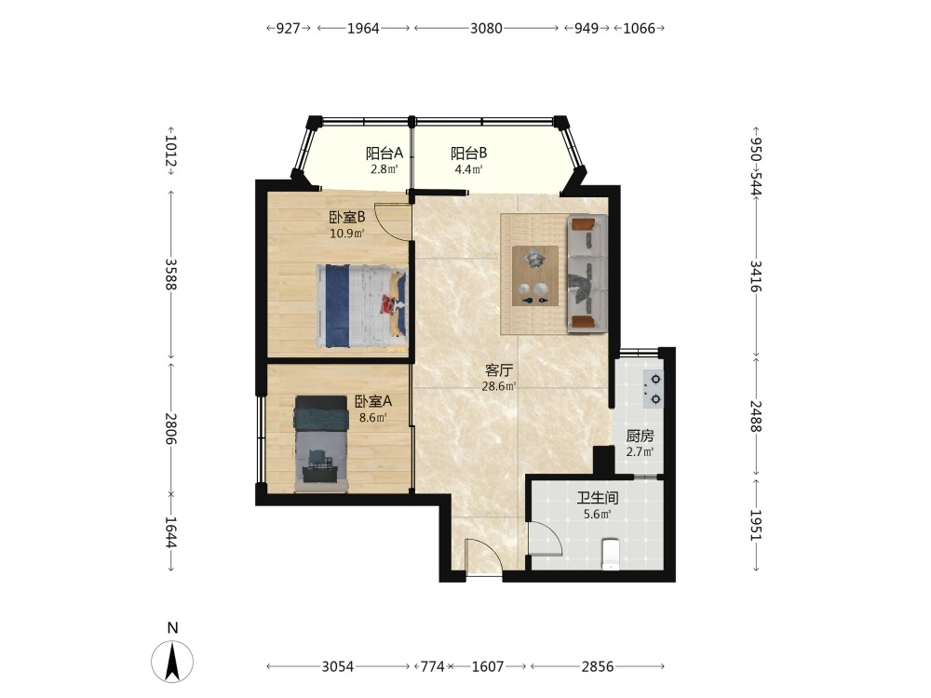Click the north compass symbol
coord(172,661)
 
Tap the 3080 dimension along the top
coord(486,28)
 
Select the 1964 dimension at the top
coord(363,28)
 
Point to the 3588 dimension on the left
coord(170,275)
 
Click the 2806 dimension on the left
coord(170,428)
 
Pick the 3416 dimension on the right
coord(756,276)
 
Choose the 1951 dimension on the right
coord(756,525)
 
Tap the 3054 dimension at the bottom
coord(338,666)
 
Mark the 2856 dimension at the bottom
coord(598,666)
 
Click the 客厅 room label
coord(499,371)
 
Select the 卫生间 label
coord(598,497)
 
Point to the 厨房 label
coord(641,436)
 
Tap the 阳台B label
coord(468,154)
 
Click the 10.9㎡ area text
coord(347,234)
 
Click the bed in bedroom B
coord(361,306)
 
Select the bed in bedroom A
coord(320,443)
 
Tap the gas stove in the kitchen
coord(654,389)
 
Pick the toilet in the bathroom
coord(611,553)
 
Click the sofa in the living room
coord(587,274)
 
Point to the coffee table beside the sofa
coord(535,275)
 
